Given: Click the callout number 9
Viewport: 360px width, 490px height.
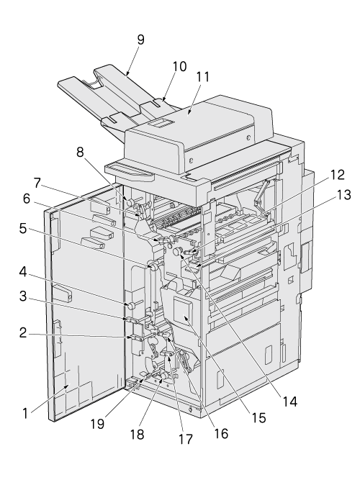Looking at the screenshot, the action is (140, 40).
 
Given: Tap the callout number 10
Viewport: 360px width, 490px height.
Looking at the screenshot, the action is (179, 67).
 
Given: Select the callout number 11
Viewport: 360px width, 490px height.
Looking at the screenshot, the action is (202, 76).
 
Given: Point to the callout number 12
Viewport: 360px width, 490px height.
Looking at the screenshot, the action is (337, 175).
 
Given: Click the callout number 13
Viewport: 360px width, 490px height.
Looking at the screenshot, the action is (343, 195).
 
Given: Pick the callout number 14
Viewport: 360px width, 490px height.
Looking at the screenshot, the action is (289, 401).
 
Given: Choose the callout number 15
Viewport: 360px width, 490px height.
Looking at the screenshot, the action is (259, 418).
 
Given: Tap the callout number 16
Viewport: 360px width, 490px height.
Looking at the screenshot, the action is (222, 433).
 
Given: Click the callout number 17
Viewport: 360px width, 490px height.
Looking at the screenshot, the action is (186, 439).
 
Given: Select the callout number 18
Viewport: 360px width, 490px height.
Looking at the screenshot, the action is (138, 434).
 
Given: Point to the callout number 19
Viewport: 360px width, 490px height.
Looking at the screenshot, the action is (97, 424).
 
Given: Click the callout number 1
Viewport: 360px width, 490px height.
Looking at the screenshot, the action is (26, 414).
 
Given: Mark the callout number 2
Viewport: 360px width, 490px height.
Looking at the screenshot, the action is (23, 333).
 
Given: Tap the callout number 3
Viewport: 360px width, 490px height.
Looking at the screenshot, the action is (23, 296).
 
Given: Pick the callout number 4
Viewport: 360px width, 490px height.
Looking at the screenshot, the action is (23, 271).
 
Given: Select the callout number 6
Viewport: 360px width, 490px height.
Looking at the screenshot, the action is (26, 199).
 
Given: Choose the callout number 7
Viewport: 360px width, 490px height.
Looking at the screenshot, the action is (37, 183).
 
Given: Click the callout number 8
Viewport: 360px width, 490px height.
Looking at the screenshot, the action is (81, 153).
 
